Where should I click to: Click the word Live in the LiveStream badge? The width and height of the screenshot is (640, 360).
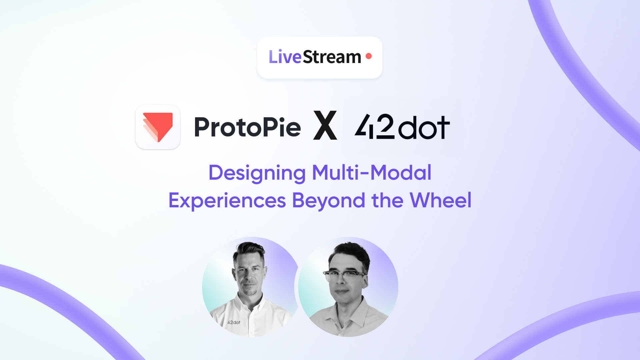pos(285,57)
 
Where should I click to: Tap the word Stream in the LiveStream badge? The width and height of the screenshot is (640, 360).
pos(332,57)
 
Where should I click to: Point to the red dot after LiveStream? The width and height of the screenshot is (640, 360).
pos(369,56)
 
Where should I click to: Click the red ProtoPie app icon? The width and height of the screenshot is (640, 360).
pos(158,127)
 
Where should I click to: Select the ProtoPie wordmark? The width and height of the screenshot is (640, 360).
pos(248,127)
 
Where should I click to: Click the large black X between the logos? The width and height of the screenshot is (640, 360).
pos(325,125)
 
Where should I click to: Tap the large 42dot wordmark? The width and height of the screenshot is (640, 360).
pos(402,127)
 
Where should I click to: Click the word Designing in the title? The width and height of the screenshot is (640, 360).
pos(257,173)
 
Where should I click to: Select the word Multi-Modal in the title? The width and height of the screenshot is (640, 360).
pos(372,173)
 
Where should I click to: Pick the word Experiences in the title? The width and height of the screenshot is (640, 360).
pos(227,201)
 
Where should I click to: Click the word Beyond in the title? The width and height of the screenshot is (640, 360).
pos(329,201)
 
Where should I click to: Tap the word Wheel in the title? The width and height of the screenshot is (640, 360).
pos(440,200)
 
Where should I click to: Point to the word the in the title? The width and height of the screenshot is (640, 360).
pos(387,200)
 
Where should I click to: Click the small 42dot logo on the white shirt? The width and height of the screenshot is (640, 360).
pos(234,322)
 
